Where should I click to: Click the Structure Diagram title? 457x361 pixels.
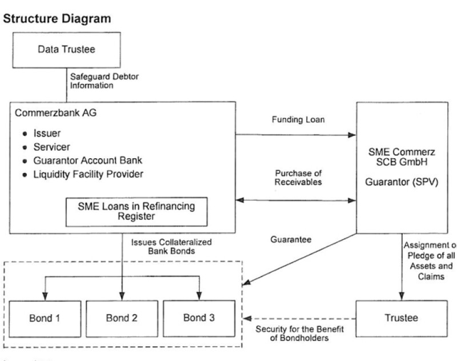[57, 19]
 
